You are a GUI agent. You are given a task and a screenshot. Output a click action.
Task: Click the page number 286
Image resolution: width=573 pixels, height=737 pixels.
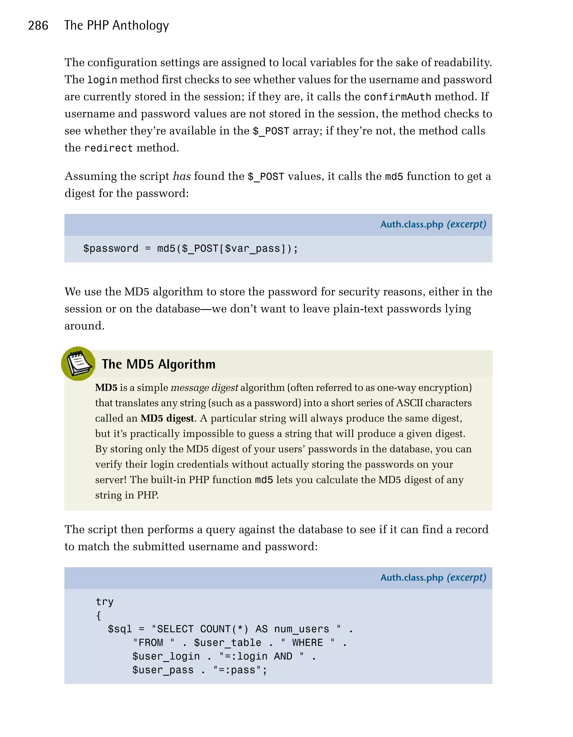click(38, 26)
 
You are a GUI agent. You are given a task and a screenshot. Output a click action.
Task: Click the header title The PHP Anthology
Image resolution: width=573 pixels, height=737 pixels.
click(116, 26)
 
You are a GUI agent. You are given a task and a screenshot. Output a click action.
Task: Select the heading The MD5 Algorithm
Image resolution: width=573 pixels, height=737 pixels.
click(159, 364)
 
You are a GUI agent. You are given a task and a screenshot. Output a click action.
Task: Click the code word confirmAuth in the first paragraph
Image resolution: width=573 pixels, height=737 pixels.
click(398, 97)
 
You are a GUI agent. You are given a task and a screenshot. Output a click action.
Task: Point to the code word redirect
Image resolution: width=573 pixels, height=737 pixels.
click(108, 148)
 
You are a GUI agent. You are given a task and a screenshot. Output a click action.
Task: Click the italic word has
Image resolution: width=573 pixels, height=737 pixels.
click(182, 176)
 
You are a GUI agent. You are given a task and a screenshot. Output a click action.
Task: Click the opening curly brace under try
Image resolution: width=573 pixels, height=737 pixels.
click(98, 616)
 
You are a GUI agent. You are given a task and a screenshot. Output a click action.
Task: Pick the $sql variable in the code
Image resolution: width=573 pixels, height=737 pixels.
click(120, 629)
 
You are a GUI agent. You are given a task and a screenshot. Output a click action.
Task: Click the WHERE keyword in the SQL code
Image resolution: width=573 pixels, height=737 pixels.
click(307, 643)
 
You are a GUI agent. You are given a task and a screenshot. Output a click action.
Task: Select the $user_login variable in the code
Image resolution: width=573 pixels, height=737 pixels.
click(166, 656)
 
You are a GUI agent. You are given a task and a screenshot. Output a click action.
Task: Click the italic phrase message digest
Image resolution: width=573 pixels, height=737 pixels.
click(204, 388)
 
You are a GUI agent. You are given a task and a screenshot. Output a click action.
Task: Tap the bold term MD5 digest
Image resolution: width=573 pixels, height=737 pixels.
click(167, 418)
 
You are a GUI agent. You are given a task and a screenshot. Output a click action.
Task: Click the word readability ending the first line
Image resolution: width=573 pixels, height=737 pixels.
click(463, 62)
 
